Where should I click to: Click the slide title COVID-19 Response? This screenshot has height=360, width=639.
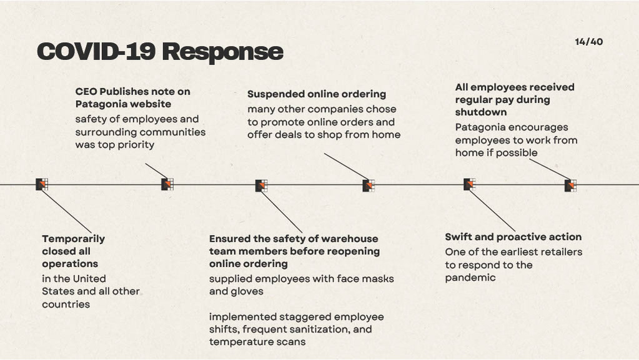tap(160, 52)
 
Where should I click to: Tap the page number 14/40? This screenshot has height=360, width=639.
tap(588, 42)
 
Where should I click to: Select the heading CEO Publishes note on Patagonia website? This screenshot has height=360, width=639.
tap(132, 97)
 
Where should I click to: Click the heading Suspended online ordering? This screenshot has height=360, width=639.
tap(316, 94)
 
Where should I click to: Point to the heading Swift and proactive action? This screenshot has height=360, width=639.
tap(513, 237)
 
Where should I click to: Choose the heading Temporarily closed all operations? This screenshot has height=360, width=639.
tap(73, 251)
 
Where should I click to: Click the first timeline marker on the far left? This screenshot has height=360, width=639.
tap(42, 184)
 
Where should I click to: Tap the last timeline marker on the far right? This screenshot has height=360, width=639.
tap(570, 185)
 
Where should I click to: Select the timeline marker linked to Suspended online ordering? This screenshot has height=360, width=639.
tap(369, 185)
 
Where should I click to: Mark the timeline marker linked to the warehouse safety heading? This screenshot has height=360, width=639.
tap(261, 186)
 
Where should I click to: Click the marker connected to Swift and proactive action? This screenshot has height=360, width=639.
tap(470, 184)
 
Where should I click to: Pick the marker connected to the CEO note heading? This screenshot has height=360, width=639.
tap(167, 184)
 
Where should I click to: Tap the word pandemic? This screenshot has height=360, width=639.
tap(470, 277)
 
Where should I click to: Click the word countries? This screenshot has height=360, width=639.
tap(66, 304)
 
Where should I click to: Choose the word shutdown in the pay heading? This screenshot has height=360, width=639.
tap(481, 112)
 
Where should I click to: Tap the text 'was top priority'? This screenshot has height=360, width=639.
tap(114, 145)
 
